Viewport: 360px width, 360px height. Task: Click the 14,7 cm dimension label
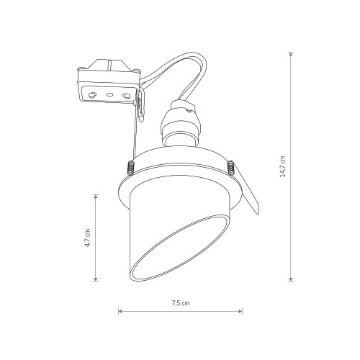pos(283,166)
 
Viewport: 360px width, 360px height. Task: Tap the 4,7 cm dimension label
pos(88,238)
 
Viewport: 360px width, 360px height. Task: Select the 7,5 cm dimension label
pos(181,303)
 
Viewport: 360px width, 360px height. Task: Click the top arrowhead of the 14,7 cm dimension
pos(291,54)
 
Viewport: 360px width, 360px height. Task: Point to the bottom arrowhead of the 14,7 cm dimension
pos(291,279)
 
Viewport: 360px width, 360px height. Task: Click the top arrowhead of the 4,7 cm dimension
pos(96,197)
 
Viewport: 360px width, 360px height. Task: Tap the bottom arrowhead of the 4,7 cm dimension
pos(96,279)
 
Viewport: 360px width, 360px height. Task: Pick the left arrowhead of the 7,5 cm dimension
pos(120,311)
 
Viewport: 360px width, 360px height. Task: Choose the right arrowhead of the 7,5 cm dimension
pos(240,311)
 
